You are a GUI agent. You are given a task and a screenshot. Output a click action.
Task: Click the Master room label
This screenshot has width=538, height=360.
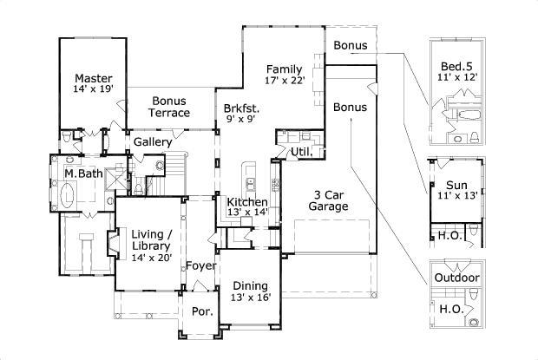(92, 76)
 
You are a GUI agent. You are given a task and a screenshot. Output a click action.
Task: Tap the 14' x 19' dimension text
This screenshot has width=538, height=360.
(92, 89)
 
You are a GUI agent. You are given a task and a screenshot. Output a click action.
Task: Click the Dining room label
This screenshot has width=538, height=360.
(250, 285)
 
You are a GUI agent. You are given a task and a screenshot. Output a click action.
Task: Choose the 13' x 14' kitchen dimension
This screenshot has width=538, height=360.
(248, 213)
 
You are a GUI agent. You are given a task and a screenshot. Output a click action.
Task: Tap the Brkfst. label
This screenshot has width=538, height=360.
(241, 108)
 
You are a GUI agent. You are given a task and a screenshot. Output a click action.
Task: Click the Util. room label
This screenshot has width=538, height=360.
(301, 152)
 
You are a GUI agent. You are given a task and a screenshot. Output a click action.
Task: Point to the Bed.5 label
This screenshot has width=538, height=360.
(456, 66)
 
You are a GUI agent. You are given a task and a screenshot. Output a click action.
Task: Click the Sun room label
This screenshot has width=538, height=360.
(456, 185)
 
